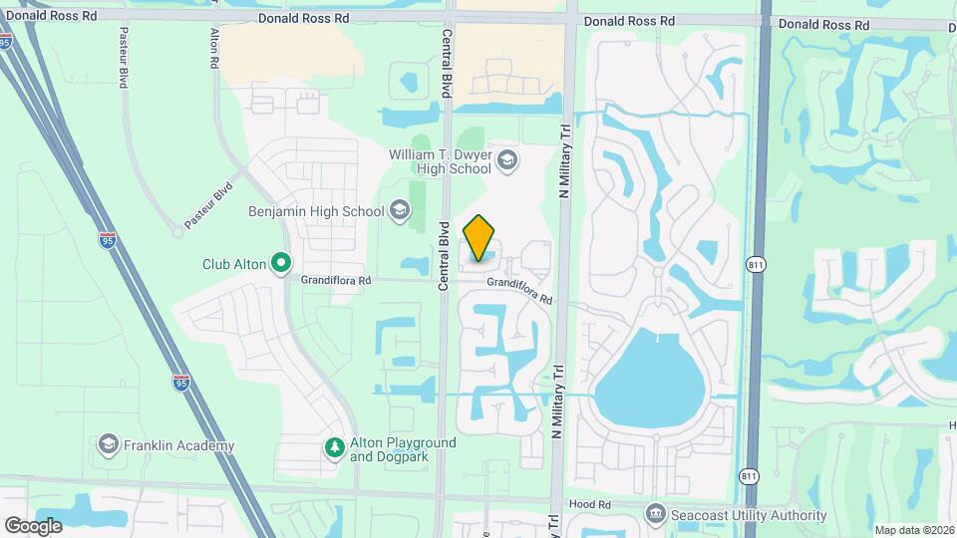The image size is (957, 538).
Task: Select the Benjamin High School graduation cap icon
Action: pyautogui.click(x=400, y=210)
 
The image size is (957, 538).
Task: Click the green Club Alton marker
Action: pyautogui.click(x=281, y=264)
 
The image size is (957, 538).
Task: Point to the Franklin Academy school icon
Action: pyautogui.click(x=108, y=445)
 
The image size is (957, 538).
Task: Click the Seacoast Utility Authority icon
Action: pyautogui.click(x=655, y=515)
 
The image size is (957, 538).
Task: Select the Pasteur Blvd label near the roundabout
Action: pyautogui.click(x=208, y=204)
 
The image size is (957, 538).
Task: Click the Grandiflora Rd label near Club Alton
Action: pyautogui.click(x=336, y=281)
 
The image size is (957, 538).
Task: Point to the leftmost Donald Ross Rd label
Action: pyautogui.click(x=52, y=17)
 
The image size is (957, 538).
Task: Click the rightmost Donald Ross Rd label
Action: pyautogui.click(x=823, y=23)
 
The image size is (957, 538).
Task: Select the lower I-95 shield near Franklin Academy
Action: pyautogui.click(x=180, y=382)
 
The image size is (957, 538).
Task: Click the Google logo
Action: pyautogui.click(x=33, y=525)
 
